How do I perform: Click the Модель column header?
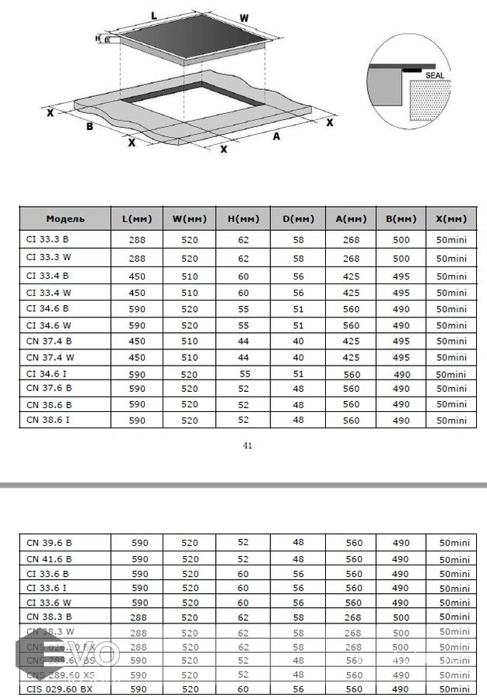click(65, 219)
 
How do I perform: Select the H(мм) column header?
click(244, 219)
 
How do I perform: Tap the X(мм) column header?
click(451, 219)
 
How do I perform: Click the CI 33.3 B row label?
click(48, 239)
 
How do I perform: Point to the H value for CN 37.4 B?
click(244, 341)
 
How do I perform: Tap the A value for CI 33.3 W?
click(352, 259)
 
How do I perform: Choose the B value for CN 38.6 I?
click(401, 421)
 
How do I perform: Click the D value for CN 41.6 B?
click(298, 558)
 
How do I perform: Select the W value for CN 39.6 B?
click(190, 542)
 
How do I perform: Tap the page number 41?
click(248, 445)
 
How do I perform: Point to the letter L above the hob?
click(154, 15)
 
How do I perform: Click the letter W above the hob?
click(244, 18)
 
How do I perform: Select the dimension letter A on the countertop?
click(276, 136)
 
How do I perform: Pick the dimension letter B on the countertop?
click(90, 126)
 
